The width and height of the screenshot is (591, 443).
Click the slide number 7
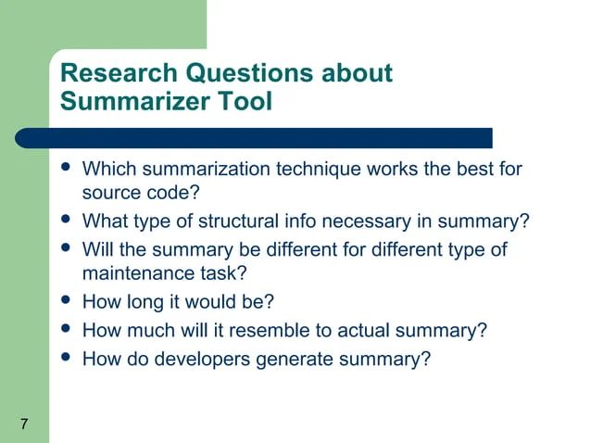pos(23,424)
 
